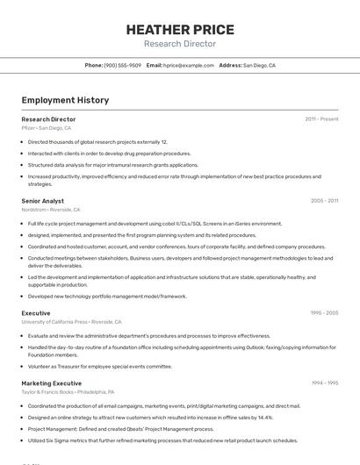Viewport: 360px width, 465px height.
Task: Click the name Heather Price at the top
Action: [x=179, y=29]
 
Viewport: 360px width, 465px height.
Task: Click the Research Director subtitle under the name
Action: [x=179, y=44]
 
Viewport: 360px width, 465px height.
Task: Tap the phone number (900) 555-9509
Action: [x=122, y=65]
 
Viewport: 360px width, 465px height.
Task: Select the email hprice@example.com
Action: [x=188, y=65]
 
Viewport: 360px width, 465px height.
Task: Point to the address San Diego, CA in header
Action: [x=259, y=65]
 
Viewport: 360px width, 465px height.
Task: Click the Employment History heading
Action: [x=65, y=100]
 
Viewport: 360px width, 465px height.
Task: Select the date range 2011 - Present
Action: [x=321, y=118]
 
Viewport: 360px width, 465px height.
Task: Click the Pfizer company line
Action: [x=47, y=128]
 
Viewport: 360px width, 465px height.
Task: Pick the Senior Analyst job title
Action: [x=42, y=201]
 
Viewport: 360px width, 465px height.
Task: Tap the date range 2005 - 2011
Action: [x=324, y=201]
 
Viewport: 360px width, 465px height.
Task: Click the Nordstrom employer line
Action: [x=51, y=210]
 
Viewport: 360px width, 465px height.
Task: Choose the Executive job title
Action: [x=36, y=313]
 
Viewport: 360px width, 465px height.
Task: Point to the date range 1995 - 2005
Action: [x=324, y=313]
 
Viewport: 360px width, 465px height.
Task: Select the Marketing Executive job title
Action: [x=53, y=383]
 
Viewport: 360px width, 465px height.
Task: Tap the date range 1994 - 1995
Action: [x=324, y=383]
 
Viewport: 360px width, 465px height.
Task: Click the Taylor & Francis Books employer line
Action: [x=68, y=392]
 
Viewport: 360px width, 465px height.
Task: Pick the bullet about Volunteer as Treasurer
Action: [x=100, y=366]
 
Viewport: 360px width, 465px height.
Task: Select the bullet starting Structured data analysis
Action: [x=113, y=165]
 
